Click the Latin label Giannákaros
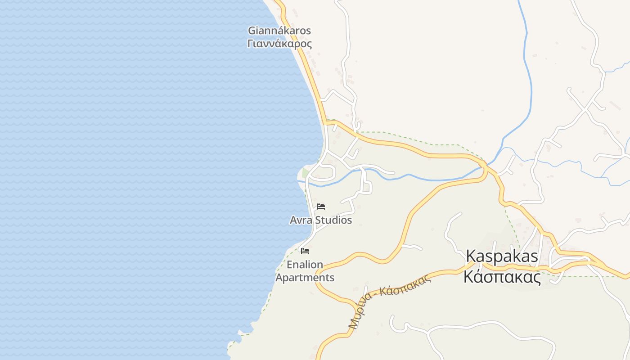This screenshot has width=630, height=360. (279, 31)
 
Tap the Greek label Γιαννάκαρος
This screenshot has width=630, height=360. (279, 44)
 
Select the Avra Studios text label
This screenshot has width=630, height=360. (321, 220)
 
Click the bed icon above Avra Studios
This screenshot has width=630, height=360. (321, 207)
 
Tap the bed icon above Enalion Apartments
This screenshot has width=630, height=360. (305, 251)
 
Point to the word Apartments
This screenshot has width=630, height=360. (305, 278)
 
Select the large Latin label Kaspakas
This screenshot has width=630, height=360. (502, 256)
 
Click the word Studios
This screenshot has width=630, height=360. (333, 220)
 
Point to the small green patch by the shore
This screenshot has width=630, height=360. (306, 173)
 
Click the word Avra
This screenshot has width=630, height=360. (301, 220)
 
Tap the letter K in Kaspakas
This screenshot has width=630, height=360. (471, 256)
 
